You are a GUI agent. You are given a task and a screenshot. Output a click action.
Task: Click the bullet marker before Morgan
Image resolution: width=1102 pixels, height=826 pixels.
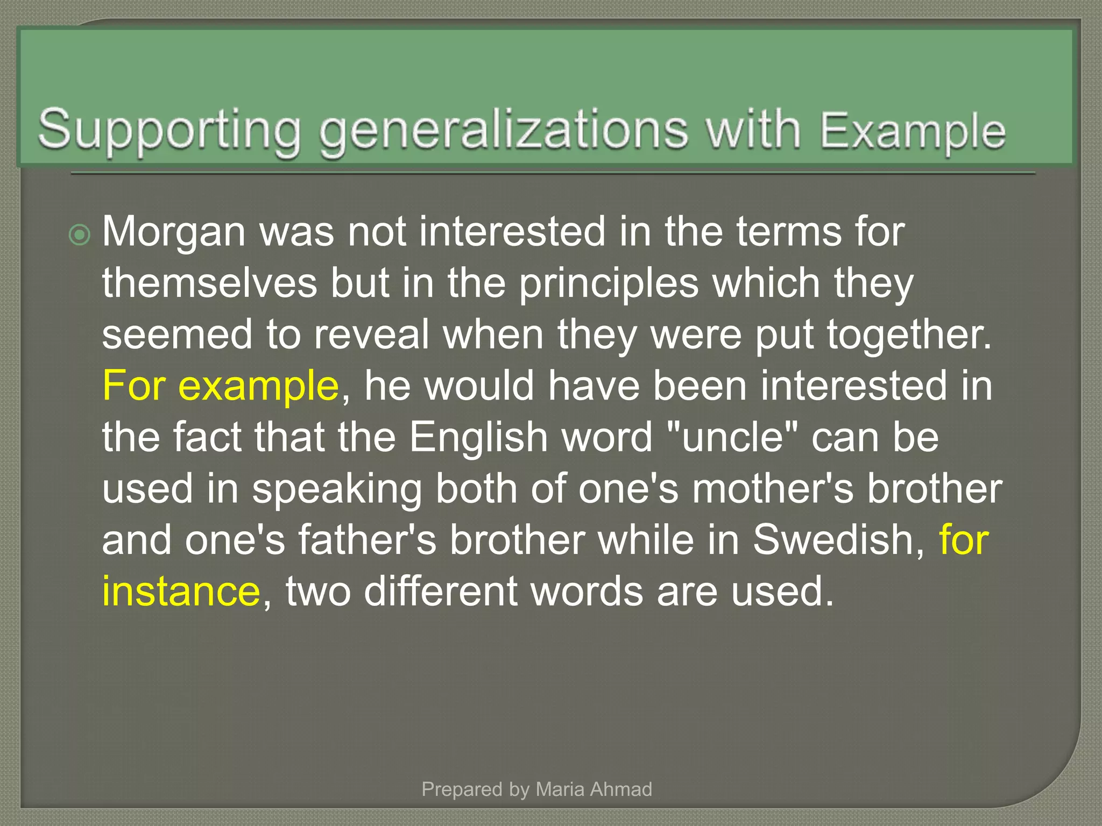(x=80, y=235)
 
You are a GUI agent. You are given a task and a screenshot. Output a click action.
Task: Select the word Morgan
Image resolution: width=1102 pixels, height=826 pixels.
(x=174, y=232)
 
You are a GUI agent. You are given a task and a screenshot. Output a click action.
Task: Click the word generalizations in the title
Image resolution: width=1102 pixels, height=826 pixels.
(x=504, y=130)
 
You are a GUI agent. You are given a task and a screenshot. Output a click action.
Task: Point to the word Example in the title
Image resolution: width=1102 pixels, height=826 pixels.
(x=913, y=131)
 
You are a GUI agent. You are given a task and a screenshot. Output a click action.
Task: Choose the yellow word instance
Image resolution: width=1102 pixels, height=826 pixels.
(x=181, y=592)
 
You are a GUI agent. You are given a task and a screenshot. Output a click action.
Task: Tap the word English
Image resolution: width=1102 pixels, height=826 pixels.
(x=478, y=437)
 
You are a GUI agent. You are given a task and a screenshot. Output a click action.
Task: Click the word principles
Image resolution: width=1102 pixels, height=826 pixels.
(x=609, y=283)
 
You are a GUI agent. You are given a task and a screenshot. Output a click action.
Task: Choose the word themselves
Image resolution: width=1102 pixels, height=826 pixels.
(x=210, y=283)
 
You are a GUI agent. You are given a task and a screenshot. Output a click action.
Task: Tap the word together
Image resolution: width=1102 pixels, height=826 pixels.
(x=909, y=335)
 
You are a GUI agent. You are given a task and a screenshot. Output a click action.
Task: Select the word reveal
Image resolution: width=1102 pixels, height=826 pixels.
(x=371, y=335)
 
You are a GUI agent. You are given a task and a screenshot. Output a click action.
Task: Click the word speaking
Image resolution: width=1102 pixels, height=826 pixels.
(x=337, y=490)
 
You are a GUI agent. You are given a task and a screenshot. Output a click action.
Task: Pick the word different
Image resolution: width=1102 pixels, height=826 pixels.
(x=441, y=592)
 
